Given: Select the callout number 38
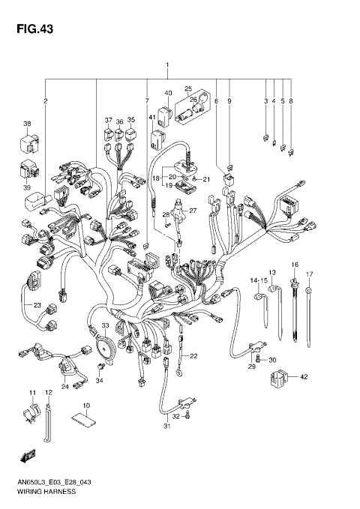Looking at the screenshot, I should [x=27, y=124].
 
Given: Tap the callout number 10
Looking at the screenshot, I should [x=86, y=406].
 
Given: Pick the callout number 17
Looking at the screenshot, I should [x=309, y=274].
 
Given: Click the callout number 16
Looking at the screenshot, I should [x=295, y=265].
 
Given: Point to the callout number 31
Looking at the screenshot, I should [x=168, y=427].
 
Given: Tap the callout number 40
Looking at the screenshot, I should [x=168, y=93].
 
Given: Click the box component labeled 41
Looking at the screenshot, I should [x=159, y=139].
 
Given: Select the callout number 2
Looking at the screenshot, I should [x=45, y=100].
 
